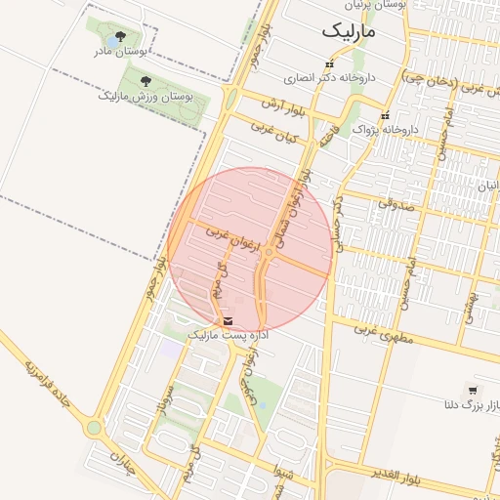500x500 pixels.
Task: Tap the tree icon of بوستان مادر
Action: pyautogui.click(x=120, y=37)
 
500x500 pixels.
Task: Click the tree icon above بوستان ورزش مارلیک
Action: pyautogui.click(x=146, y=81)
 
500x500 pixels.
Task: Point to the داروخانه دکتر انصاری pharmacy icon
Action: pyautogui.click(x=328, y=64)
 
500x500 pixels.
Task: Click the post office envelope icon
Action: pyautogui.click(x=228, y=321)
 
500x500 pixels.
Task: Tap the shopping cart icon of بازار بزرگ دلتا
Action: pyautogui.click(x=473, y=390)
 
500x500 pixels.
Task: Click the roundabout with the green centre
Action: pyautogui.click(x=94, y=428)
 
